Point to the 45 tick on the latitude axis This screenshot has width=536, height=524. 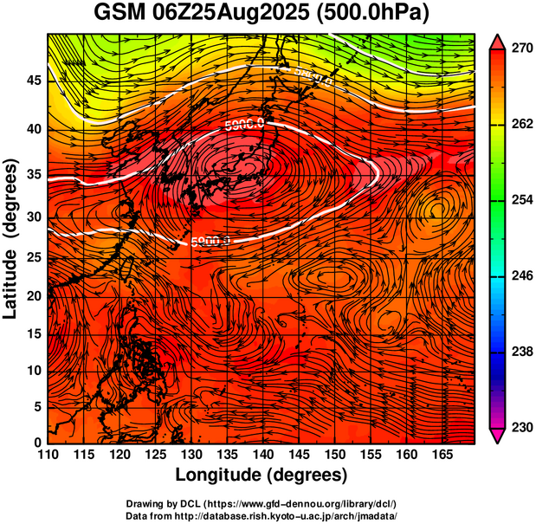(33, 81)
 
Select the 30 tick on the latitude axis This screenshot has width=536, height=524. (33, 217)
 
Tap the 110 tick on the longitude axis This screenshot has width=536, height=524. (48, 456)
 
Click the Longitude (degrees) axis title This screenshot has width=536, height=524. (262, 475)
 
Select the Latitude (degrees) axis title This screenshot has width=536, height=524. (11, 238)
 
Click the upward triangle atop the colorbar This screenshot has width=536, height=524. (499, 42)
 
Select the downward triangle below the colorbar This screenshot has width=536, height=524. (499, 436)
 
